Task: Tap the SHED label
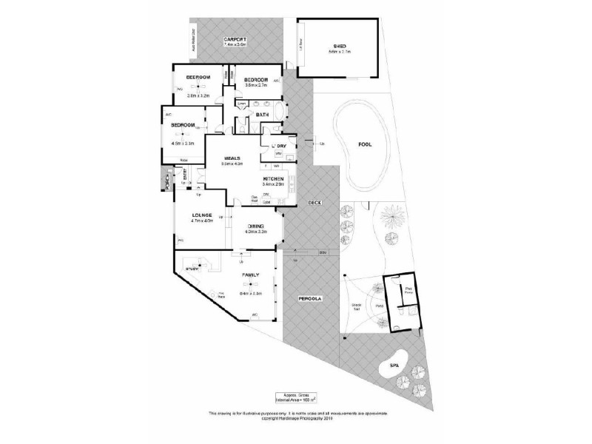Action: click(x=340, y=45)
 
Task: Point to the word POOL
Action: click(x=365, y=146)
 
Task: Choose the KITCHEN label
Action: click(x=273, y=179)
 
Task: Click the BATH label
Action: click(x=262, y=115)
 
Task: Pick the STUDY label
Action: click(x=192, y=269)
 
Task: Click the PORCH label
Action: click(x=167, y=181)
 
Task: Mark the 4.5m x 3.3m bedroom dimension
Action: click(x=183, y=143)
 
